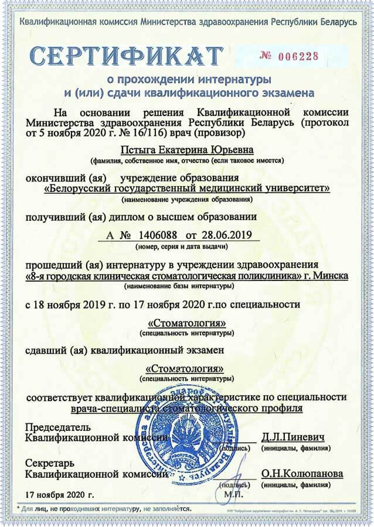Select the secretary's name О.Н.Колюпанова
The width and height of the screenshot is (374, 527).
(302, 473)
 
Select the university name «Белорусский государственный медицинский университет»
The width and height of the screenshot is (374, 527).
(188, 188)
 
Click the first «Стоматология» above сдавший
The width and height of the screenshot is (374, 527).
(187, 323)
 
